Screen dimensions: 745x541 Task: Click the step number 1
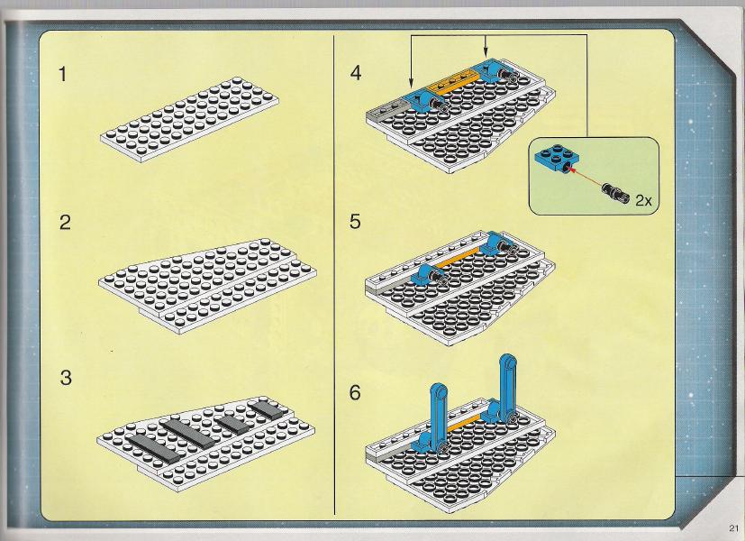tap(63, 74)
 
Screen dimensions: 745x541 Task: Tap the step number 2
tap(65, 223)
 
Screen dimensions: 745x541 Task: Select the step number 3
tap(66, 378)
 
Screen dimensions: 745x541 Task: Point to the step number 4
tap(356, 73)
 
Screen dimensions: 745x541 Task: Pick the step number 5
tap(355, 222)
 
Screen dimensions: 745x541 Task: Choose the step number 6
tap(355, 393)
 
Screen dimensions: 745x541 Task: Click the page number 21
tap(733, 527)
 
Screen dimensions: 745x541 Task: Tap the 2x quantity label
tap(644, 200)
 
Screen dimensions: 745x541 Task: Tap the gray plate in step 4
tap(387, 109)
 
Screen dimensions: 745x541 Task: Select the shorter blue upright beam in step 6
tap(437, 414)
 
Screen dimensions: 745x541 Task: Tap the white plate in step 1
tap(189, 120)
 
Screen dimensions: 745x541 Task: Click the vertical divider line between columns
tap(334, 274)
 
